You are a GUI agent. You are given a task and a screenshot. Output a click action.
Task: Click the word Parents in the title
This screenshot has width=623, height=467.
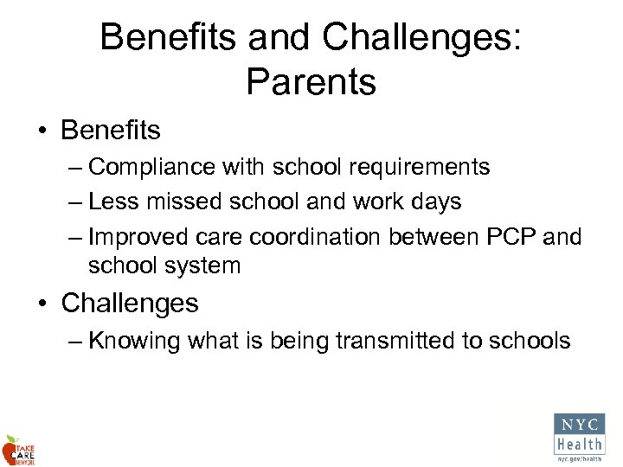pos(311,82)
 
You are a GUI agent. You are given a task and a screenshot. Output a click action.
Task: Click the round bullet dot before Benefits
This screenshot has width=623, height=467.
pos(42,131)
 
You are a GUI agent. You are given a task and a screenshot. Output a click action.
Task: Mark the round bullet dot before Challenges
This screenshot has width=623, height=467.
pos(42,304)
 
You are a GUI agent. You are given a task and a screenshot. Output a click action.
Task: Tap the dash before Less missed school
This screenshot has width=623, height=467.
pos(74,202)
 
